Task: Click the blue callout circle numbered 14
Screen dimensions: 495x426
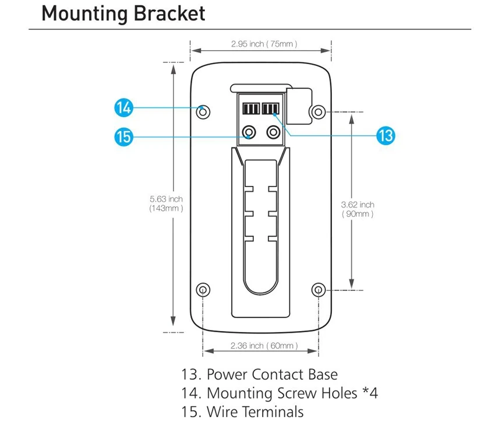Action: click(123, 108)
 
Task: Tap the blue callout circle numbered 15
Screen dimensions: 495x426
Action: click(123, 137)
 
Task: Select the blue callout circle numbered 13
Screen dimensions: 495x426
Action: click(386, 136)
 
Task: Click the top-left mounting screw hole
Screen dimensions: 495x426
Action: click(203, 112)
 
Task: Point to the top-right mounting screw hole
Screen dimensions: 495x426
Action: click(318, 112)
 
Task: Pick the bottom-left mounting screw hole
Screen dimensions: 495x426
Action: click(203, 290)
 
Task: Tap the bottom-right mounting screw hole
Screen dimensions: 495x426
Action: click(318, 290)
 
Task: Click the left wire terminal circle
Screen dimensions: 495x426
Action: click(249, 132)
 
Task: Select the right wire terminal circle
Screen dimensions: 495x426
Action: click(273, 132)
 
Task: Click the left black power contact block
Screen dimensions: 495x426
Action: click(251, 108)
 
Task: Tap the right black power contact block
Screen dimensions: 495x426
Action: click(271, 108)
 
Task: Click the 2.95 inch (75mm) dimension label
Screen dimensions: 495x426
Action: click(264, 44)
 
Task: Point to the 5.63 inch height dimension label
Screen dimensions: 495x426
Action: click(166, 203)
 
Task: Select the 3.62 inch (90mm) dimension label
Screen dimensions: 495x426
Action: click(358, 209)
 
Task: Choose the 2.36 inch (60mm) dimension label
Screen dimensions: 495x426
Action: click(264, 346)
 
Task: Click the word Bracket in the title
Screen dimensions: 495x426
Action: click(169, 13)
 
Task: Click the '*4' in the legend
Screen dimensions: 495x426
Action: click(370, 393)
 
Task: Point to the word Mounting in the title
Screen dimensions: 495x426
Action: click(85, 14)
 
